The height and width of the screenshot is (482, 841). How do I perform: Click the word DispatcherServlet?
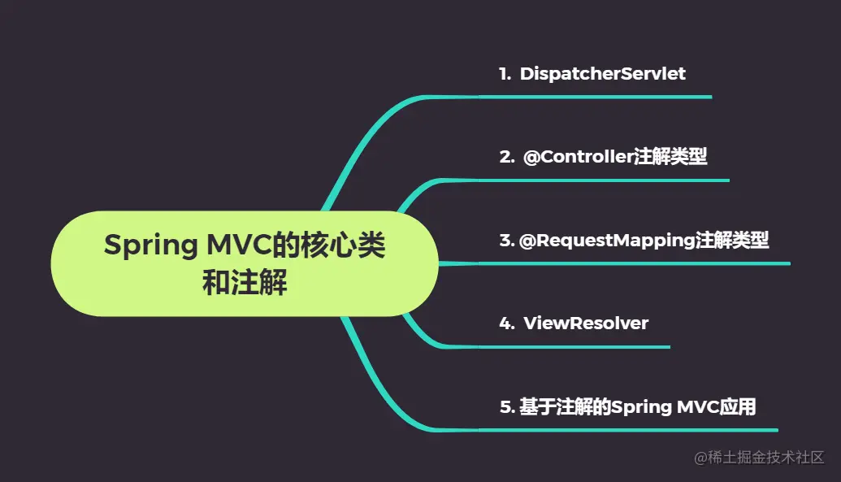(x=602, y=73)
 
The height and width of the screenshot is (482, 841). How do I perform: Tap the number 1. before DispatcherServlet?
(x=505, y=73)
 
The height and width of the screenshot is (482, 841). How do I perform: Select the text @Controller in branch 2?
(x=579, y=157)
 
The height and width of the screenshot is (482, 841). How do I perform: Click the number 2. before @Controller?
(x=507, y=157)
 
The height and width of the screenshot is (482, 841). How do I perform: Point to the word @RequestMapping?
(x=607, y=241)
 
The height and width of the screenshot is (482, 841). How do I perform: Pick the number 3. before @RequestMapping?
(x=507, y=240)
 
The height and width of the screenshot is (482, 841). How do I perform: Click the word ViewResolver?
(x=586, y=324)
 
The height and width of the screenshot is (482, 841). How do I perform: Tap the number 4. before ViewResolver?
(x=507, y=324)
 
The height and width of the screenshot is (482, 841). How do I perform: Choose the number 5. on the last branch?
(x=507, y=407)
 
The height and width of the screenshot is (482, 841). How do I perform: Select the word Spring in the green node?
(x=150, y=245)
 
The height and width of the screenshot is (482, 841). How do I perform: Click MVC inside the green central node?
(x=239, y=244)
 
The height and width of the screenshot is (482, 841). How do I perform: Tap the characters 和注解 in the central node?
(x=245, y=282)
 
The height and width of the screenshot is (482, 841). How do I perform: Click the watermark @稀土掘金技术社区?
(x=759, y=458)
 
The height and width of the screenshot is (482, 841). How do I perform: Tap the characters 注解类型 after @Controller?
(x=670, y=157)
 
